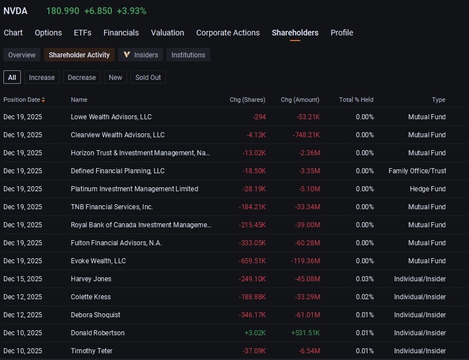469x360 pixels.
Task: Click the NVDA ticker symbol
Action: (15, 11)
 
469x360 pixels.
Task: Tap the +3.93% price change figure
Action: (131, 11)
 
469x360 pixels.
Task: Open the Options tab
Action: (48, 33)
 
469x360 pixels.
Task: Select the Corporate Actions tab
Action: (228, 33)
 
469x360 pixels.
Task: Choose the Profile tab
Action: (342, 33)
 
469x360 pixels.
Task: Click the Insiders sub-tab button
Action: (141, 55)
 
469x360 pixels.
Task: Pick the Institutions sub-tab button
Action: (188, 55)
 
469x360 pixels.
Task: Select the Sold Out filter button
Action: (148, 77)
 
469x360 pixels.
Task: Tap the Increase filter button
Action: (42, 77)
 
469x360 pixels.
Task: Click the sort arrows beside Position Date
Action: (43, 100)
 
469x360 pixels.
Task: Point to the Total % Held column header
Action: (356, 100)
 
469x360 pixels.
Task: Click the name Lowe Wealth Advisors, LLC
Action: (111, 116)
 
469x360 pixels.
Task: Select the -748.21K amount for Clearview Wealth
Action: (306, 135)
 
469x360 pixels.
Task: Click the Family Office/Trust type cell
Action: (417, 171)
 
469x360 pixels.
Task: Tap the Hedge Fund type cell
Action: (428, 189)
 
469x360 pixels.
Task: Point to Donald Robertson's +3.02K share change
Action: (255, 333)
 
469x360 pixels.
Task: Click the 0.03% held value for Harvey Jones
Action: (364, 279)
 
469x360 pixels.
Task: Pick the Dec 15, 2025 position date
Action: (22, 279)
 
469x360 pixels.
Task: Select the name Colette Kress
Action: (91, 297)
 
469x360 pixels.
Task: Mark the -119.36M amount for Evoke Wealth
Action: (305, 261)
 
